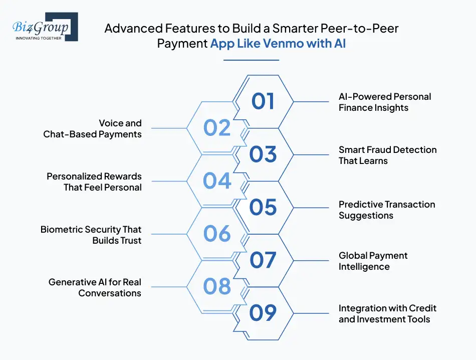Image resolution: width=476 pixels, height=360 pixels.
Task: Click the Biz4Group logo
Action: [45, 27]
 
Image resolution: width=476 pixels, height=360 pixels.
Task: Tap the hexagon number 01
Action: [263, 101]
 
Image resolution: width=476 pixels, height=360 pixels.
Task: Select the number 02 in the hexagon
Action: [217, 127]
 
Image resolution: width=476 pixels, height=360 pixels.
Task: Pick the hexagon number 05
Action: [263, 207]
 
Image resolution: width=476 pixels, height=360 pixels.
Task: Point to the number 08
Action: [217, 286]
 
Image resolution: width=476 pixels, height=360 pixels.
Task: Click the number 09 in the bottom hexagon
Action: [263, 313]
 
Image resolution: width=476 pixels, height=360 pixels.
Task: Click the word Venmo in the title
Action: [283, 43]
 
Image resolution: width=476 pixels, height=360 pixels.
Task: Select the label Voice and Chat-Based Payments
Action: [92, 128]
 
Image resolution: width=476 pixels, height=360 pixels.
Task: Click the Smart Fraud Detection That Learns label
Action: [388, 155]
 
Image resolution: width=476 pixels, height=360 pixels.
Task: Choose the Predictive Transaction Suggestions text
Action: [387, 210]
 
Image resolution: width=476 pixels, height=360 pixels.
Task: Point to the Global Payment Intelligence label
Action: [373, 261]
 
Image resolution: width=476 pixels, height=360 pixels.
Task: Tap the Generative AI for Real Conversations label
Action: [95, 287]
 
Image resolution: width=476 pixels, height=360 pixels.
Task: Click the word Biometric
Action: [61, 229]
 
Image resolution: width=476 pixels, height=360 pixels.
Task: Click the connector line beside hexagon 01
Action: [311, 101]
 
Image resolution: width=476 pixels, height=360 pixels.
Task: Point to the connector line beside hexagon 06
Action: [169, 234]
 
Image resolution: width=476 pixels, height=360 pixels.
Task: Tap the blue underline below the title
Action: [251, 60]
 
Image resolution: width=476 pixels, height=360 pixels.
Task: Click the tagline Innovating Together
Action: [39, 38]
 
